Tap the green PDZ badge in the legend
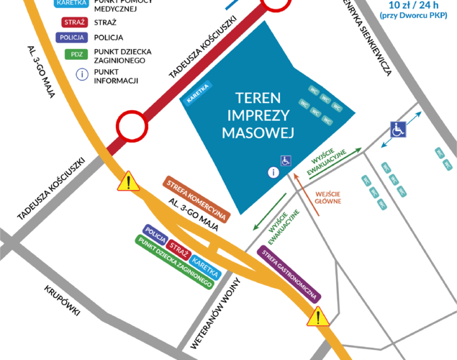[74, 54]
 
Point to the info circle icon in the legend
[82, 73]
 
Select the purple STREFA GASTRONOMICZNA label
[289, 273]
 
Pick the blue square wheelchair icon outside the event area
[398, 130]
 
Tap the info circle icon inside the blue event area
[273, 172]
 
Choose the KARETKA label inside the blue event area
[197, 94]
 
